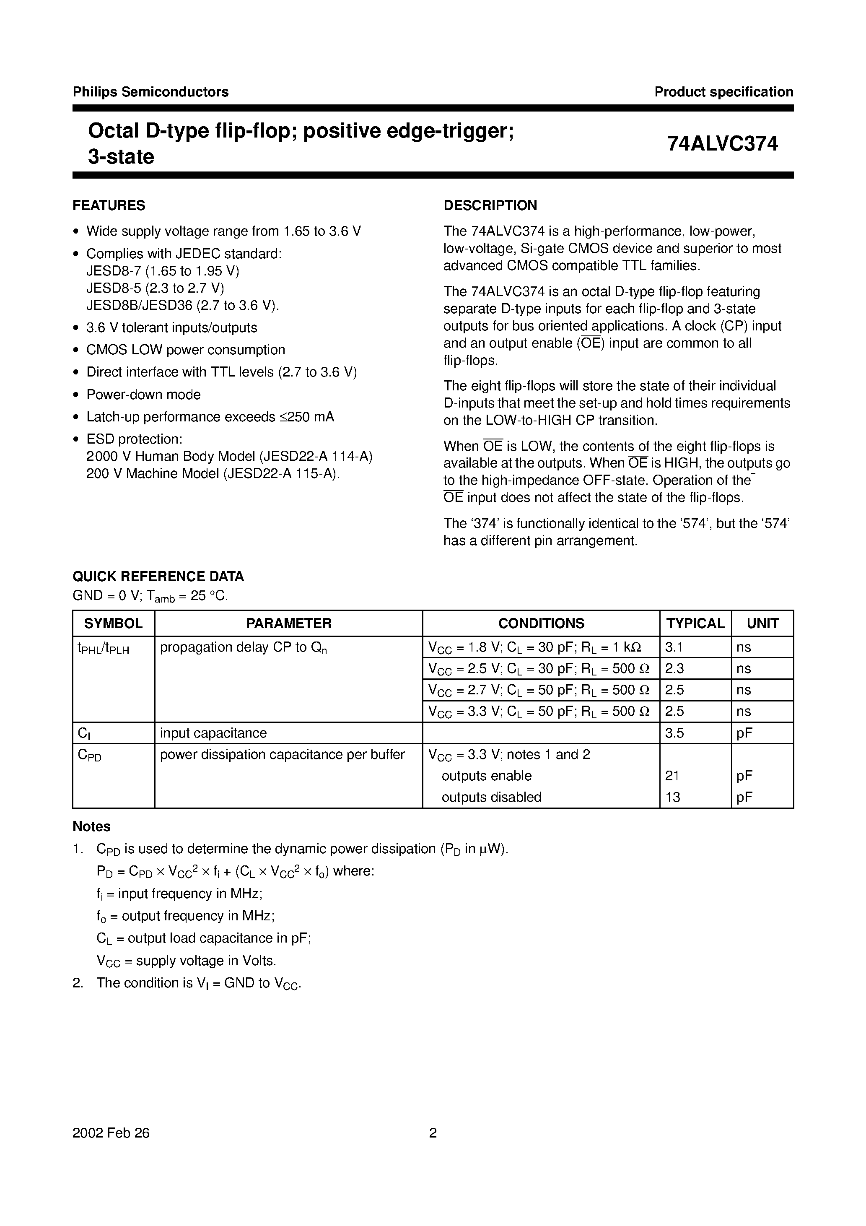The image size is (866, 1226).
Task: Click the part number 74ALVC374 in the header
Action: coord(722,144)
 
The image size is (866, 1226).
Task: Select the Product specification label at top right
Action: coord(723,92)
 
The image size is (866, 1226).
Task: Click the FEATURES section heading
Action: coord(109,205)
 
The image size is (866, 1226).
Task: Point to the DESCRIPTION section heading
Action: coord(490,205)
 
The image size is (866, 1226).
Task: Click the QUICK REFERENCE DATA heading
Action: coord(158,576)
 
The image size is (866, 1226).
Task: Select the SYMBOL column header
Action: coord(113,623)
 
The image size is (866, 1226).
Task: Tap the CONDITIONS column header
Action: coord(541,623)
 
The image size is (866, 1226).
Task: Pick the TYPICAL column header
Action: coord(695,623)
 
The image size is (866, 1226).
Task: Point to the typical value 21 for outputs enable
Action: coord(672,776)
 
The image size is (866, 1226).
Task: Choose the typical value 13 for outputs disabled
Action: coord(673,797)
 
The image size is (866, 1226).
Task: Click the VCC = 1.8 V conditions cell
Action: coord(534,648)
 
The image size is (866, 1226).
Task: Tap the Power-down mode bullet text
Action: coord(143,395)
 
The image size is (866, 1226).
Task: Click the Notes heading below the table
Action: coord(91,826)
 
